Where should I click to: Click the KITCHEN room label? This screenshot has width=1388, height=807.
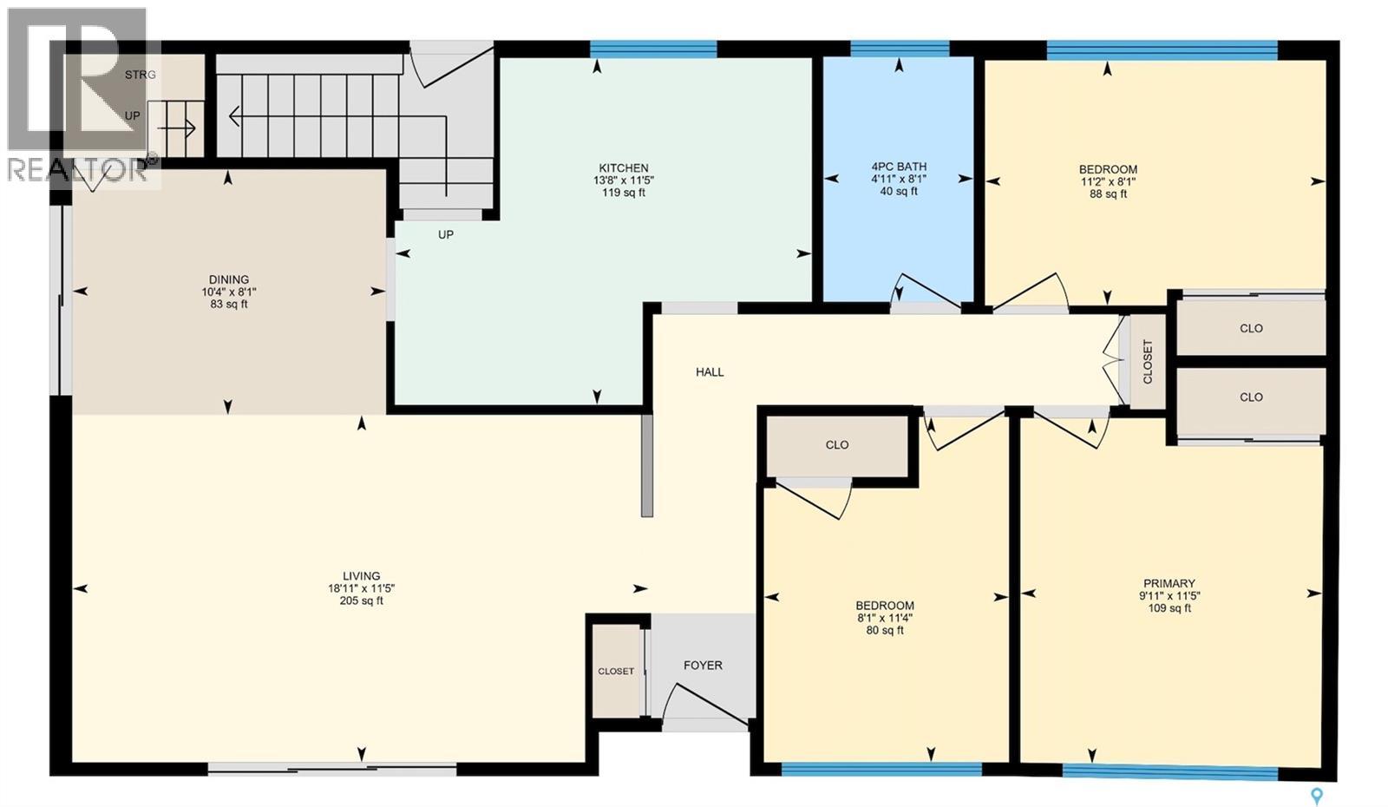click(623, 168)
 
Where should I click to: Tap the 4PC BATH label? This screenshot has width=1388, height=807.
click(899, 167)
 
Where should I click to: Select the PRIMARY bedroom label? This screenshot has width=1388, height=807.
click(1169, 583)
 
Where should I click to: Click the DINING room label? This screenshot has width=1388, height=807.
click(228, 279)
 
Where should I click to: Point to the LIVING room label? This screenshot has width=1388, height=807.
click(361, 575)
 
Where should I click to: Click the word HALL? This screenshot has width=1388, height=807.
click(709, 372)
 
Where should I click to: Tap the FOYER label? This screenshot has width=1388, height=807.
click(702, 666)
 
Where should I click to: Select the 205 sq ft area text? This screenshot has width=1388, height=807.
click(361, 600)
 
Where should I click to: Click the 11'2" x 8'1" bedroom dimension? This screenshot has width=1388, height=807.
click(1108, 182)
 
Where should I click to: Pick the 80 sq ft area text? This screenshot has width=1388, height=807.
click(884, 631)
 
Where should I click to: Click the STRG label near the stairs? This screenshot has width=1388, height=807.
click(140, 75)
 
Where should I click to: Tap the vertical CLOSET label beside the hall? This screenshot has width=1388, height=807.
click(1148, 362)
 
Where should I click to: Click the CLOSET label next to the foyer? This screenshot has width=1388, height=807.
click(616, 672)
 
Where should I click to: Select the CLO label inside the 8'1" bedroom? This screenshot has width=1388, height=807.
click(836, 445)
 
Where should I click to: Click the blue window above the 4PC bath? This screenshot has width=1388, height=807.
click(899, 49)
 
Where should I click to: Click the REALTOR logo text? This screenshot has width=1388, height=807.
click(76, 169)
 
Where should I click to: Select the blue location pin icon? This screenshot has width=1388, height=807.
click(1317, 793)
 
